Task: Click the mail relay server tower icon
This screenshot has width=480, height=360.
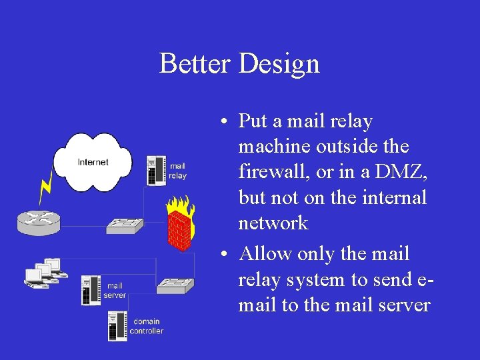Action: click(x=156, y=171)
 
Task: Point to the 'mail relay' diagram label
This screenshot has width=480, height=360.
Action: click(x=178, y=171)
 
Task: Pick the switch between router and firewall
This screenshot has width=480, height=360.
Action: click(x=125, y=225)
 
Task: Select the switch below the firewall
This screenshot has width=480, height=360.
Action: click(x=175, y=285)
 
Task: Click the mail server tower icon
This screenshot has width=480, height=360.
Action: click(x=91, y=291)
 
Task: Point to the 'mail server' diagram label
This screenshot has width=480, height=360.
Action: click(x=115, y=291)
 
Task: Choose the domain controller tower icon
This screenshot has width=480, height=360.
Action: click(x=118, y=325)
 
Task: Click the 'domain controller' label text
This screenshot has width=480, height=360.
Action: click(x=146, y=327)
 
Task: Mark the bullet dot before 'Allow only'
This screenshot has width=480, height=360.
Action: click(x=227, y=255)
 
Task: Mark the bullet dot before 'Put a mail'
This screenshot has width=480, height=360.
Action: click(x=227, y=121)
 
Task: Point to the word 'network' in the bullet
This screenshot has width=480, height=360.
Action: click(x=273, y=222)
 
